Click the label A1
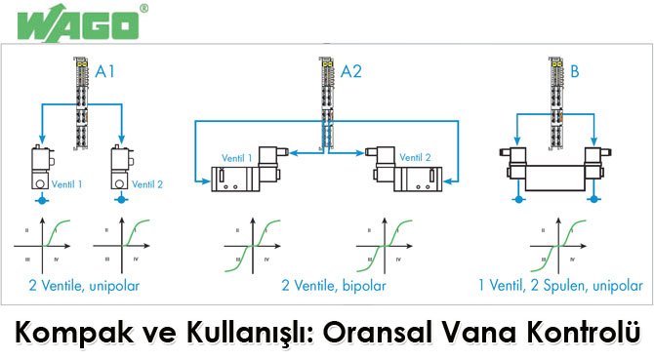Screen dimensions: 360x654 click(106, 71)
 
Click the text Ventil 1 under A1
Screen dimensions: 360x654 click(66, 183)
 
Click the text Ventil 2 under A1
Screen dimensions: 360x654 click(148, 183)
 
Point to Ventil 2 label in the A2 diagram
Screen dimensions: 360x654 click(414, 156)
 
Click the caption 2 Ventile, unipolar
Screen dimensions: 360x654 click(87, 286)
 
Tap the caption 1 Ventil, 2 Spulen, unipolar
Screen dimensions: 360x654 click(559, 286)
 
